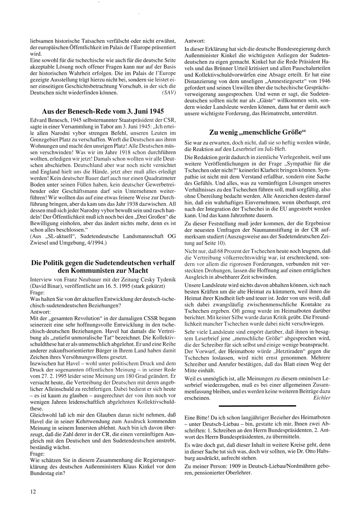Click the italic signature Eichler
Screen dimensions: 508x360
(x=322, y=398)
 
